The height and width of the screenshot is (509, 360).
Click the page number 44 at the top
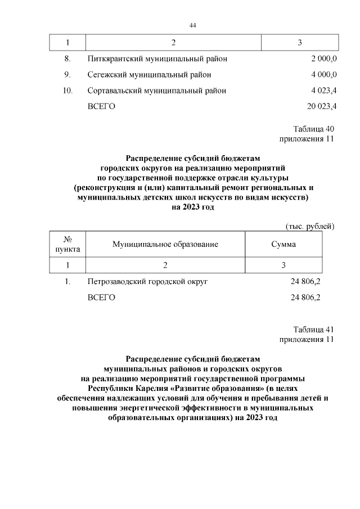[193, 25]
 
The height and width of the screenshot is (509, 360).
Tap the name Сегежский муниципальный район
[150, 74]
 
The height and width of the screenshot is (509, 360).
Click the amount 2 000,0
[323, 59]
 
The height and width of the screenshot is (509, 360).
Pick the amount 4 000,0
[323, 74]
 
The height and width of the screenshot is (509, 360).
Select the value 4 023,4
[323, 90]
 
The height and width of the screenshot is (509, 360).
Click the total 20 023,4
[321, 106]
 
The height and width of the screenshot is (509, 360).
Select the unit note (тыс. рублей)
[310, 226]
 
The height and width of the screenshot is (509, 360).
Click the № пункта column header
[67, 244]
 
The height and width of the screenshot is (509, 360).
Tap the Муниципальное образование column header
[165, 244]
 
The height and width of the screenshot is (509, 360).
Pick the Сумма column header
[283, 244]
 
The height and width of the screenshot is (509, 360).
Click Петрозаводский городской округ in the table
[148, 282]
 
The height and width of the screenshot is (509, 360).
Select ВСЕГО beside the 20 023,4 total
[101, 106]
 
